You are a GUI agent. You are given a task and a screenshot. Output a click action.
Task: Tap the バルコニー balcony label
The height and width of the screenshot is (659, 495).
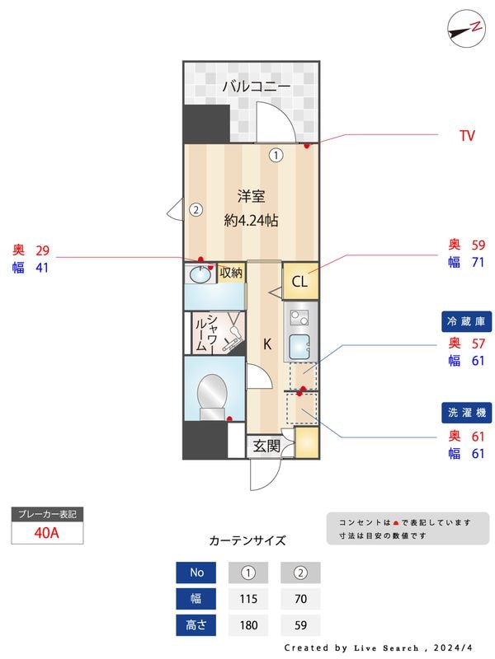[x=256, y=85]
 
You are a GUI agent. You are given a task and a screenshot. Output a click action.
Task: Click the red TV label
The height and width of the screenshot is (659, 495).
[x=467, y=136]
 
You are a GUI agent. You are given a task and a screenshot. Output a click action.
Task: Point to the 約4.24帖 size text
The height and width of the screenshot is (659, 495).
[x=251, y=220]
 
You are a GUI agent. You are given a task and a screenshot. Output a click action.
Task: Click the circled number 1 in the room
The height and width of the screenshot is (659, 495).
[x=276, y=154]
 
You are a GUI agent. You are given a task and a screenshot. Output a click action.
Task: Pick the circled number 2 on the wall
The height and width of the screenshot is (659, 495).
[x=196, y=209]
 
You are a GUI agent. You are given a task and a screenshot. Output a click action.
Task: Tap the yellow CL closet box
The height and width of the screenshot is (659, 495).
[x=299, y=282]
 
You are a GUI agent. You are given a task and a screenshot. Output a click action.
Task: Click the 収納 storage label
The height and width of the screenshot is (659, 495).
[x=231, y=273]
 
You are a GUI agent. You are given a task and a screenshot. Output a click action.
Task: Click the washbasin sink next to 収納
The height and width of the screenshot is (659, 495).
[x=200, y=274]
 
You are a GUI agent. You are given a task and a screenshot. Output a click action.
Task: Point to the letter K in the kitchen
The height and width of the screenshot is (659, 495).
[x=267, y=344]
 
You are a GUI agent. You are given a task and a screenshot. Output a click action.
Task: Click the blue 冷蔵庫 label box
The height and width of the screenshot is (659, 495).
[x=467, y=321]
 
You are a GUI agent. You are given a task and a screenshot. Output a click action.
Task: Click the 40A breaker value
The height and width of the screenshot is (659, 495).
[x=47, y=532]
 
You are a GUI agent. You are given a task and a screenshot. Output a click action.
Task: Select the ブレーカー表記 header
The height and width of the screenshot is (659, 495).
[x=47, y=514]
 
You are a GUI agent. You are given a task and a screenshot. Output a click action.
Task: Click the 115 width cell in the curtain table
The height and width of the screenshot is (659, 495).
[x=247, y=599]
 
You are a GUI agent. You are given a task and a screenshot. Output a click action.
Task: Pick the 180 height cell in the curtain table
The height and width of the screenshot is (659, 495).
[x=247, y=625]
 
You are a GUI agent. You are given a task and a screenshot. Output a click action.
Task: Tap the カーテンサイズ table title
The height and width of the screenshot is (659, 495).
[x=247, y=540]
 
